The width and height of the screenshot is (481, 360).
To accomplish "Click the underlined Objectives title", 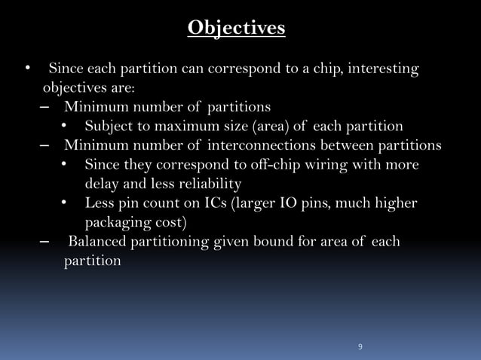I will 236,28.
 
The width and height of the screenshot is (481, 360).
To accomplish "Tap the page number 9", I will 360,346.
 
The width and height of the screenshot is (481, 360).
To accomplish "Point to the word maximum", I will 183,126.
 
